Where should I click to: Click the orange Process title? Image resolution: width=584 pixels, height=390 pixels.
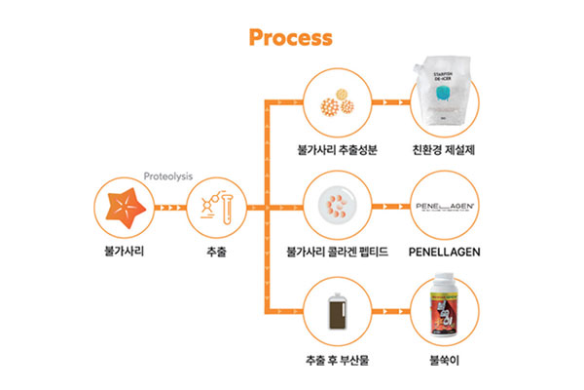pos(291,37)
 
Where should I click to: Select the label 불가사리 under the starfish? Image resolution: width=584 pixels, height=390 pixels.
pos(124,251)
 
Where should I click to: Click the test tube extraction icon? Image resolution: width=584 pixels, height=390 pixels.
pos(216,209)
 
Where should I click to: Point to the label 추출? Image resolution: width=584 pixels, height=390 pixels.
pos(216,251)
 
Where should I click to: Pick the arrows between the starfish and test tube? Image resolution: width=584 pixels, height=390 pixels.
pos(170,209)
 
